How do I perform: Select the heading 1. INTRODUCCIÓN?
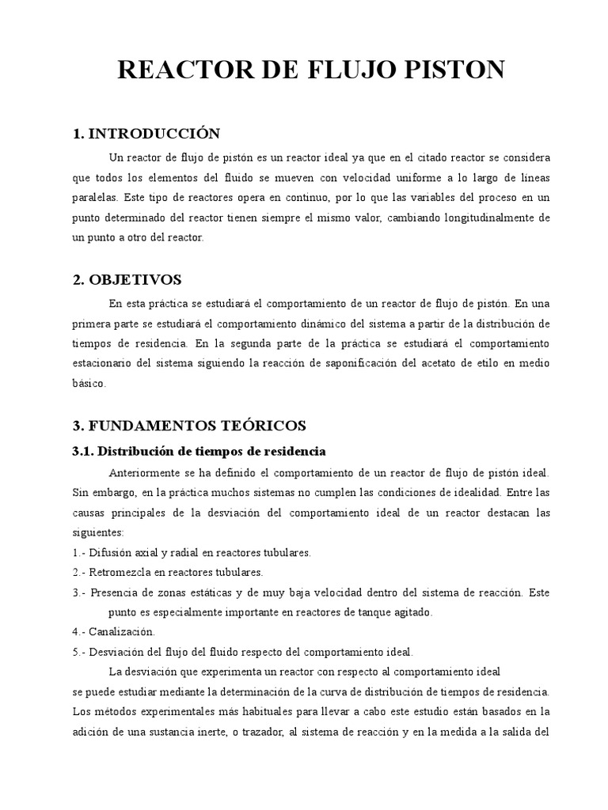pos(146,133)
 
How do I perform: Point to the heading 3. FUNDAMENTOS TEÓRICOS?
pos(189,426)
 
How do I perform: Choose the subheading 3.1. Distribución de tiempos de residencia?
pos(199,451)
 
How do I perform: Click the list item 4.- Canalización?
pos(115,632)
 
